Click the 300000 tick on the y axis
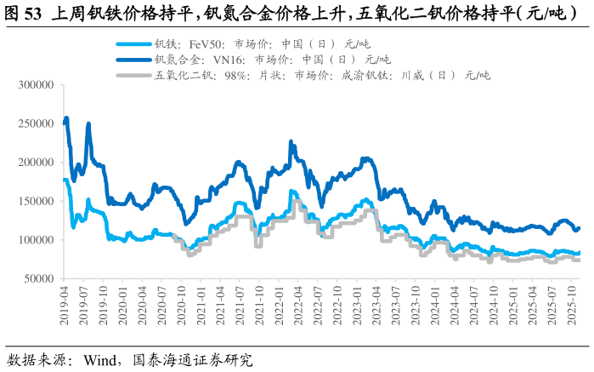(x=37, y=85)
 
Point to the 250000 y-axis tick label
(x=37, y=123)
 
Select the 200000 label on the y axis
(x=37, y=163)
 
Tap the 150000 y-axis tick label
(x=37, y=201)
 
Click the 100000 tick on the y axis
(x=37, y=240)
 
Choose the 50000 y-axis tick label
(x=39, y=278)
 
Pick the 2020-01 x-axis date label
(x=122, y=304)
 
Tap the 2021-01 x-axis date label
(x=201, y=304)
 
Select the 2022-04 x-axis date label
(x=298, y=304)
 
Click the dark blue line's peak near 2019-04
(x=66, y=118)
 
